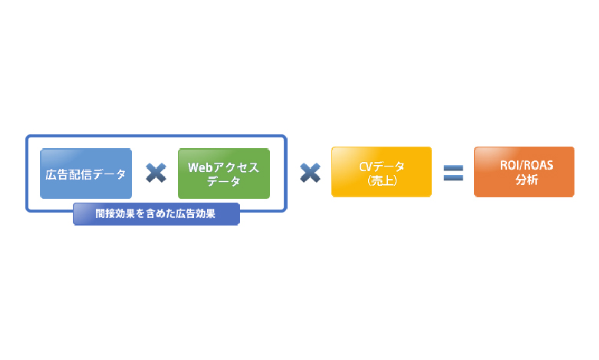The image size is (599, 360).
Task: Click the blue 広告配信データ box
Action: [x=86, y=173]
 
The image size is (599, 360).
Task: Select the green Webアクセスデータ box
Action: [x=224, y=173]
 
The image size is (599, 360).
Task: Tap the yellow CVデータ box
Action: [x=382, y=172]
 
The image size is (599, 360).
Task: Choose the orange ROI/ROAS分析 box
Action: [x=524, y=172]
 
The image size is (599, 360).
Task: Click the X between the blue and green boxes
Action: [x=156, y=173]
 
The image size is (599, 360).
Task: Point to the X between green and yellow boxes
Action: [x=310, y=173]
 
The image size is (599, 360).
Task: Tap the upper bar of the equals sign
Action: [x=453, y=168]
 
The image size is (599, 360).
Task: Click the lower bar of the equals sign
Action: [x=453, y=177]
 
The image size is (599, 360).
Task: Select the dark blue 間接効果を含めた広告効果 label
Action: [x=156, y=214]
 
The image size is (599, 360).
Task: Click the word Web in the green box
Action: [x=200, y=167]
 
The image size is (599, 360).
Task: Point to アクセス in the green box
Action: [x=236, y=167]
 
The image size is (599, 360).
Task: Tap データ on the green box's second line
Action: [x=224, y=181]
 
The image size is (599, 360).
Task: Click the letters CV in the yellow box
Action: [x=365, y=167]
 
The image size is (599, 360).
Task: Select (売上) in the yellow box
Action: [x=382, y=180]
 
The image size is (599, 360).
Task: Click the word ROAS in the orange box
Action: [x=538, y=166]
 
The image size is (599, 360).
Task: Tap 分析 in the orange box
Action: [x=527, y=180]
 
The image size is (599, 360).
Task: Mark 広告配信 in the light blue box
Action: [x=69, y=175]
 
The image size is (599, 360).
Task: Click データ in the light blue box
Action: [x=109, y=175]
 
